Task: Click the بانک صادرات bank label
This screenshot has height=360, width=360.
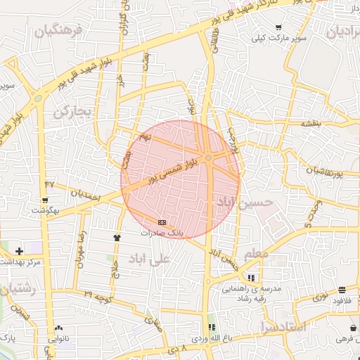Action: (162, 232)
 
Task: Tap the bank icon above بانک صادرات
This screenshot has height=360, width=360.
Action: (162, 222)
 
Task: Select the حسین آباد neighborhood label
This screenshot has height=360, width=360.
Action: (243, 204)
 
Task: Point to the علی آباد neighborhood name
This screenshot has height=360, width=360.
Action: (150, 259)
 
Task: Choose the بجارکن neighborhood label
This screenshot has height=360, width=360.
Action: (73, 111)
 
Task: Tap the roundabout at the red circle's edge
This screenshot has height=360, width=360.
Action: (209, 157)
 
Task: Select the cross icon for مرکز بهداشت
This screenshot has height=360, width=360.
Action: (19, 250)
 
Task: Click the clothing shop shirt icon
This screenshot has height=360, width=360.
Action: (117, 238)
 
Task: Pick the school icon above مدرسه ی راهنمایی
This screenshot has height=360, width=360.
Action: (251, 277)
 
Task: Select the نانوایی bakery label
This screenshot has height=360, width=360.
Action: (58, 338)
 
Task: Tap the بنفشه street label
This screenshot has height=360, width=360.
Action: (311, 123)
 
